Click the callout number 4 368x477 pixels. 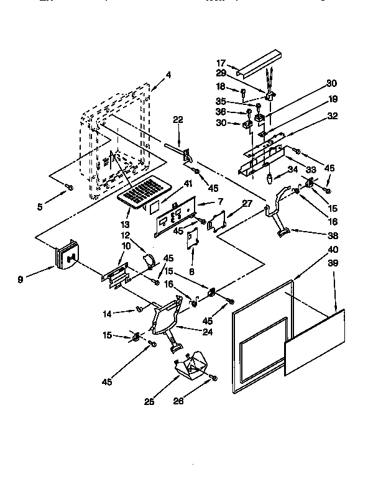(169, 75)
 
